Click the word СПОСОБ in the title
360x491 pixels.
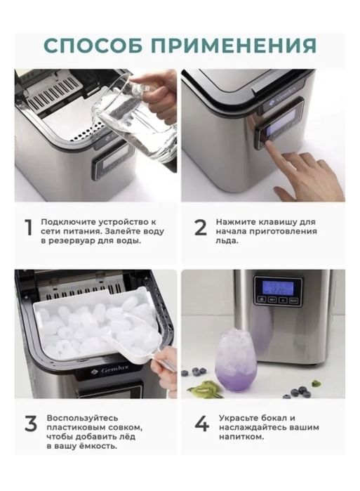click(x=94, y=46)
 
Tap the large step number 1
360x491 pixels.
click(x=29, y=227)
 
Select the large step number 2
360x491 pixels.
click(x=201, y=228)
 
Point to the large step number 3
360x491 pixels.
click(x=30, y=424)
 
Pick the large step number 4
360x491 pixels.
click(x=201, y=424)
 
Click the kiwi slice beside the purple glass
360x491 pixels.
click(x=204, y=388)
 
